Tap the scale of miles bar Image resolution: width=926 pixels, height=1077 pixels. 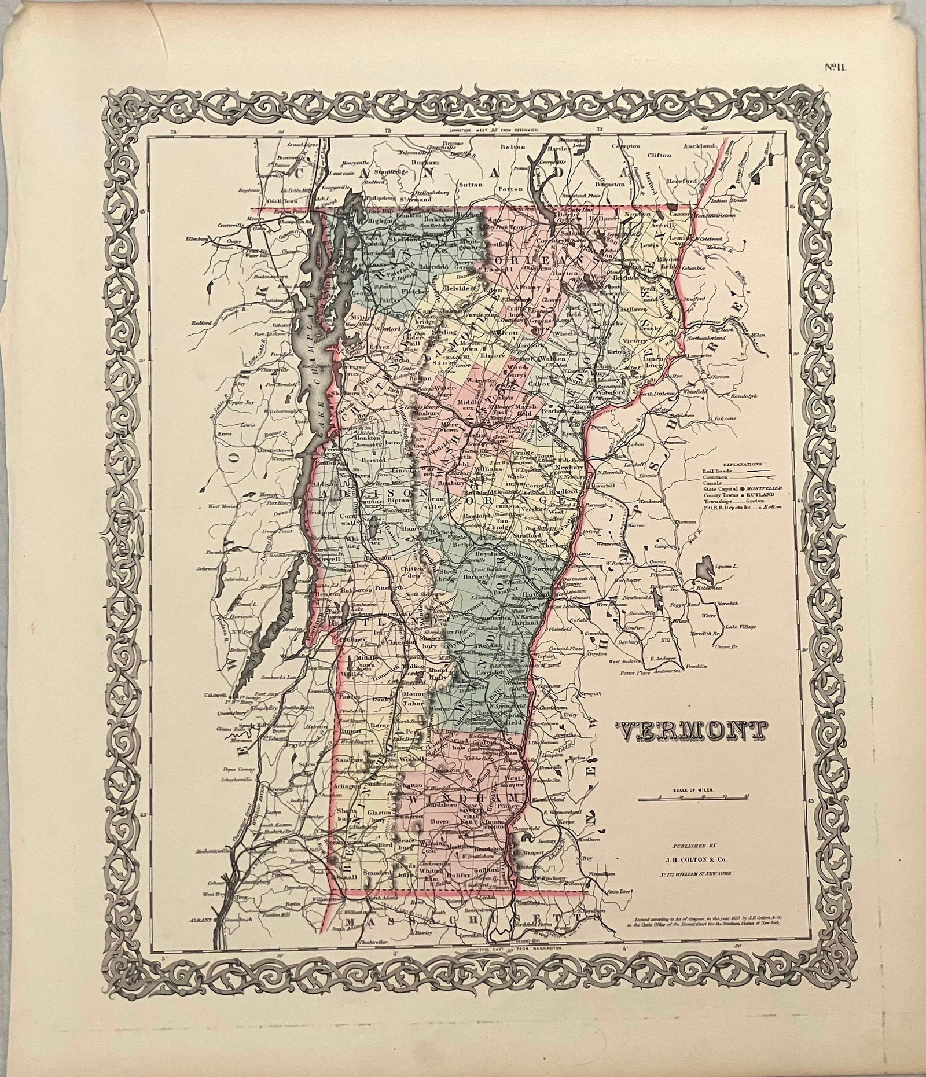click(x=693, y=799)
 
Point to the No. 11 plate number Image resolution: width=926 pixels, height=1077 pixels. click(x=836, y=68)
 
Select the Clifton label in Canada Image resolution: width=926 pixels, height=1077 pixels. click(x=659, y=155)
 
